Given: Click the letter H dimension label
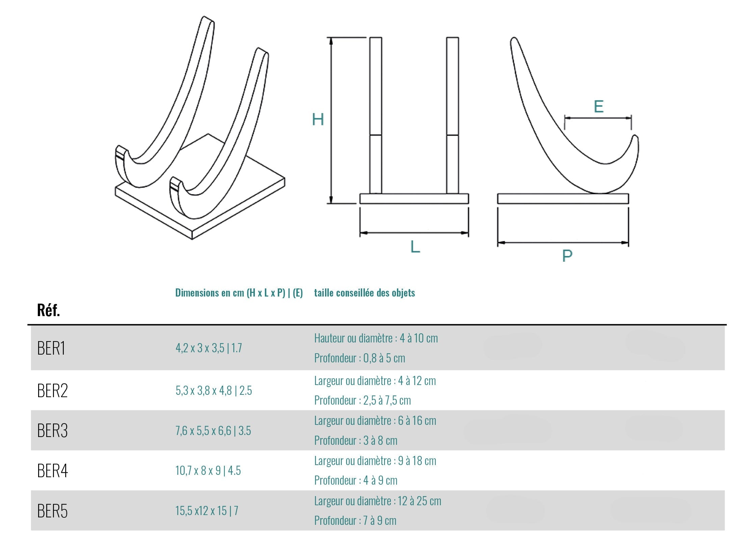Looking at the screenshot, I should [x=318, y=119].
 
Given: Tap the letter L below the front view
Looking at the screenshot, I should [x=415, y=247].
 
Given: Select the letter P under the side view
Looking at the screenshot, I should [x=567, y=256].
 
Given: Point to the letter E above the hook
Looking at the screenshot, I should [x=598, y=107].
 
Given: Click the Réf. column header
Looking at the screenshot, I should [x=48, y=310].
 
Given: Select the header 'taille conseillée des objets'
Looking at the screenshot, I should [x=364, y=293].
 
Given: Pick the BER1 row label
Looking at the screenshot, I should [x=51, y=348].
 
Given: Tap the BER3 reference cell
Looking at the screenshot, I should [x=52, y=431].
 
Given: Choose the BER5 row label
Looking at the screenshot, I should [x=52, y=511].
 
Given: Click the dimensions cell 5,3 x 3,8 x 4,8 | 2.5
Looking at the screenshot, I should [x=214, y=391].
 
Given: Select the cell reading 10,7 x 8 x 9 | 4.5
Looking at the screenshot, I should [x=208, y=470].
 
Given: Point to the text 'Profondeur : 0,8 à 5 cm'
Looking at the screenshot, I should [x=359, y=358].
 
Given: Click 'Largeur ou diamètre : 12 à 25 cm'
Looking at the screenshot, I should [x=377, y=501].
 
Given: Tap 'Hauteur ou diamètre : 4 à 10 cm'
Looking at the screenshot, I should [x=376, y=338].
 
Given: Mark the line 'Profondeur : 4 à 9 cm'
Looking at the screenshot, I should [x=355, y=480].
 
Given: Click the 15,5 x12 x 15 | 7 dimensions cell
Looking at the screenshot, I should [x=207, y=511].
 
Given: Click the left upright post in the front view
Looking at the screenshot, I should [x=375, y=115].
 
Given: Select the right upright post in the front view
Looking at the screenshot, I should [x=452, y=115].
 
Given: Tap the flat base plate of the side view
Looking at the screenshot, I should [x=563, y=199].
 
